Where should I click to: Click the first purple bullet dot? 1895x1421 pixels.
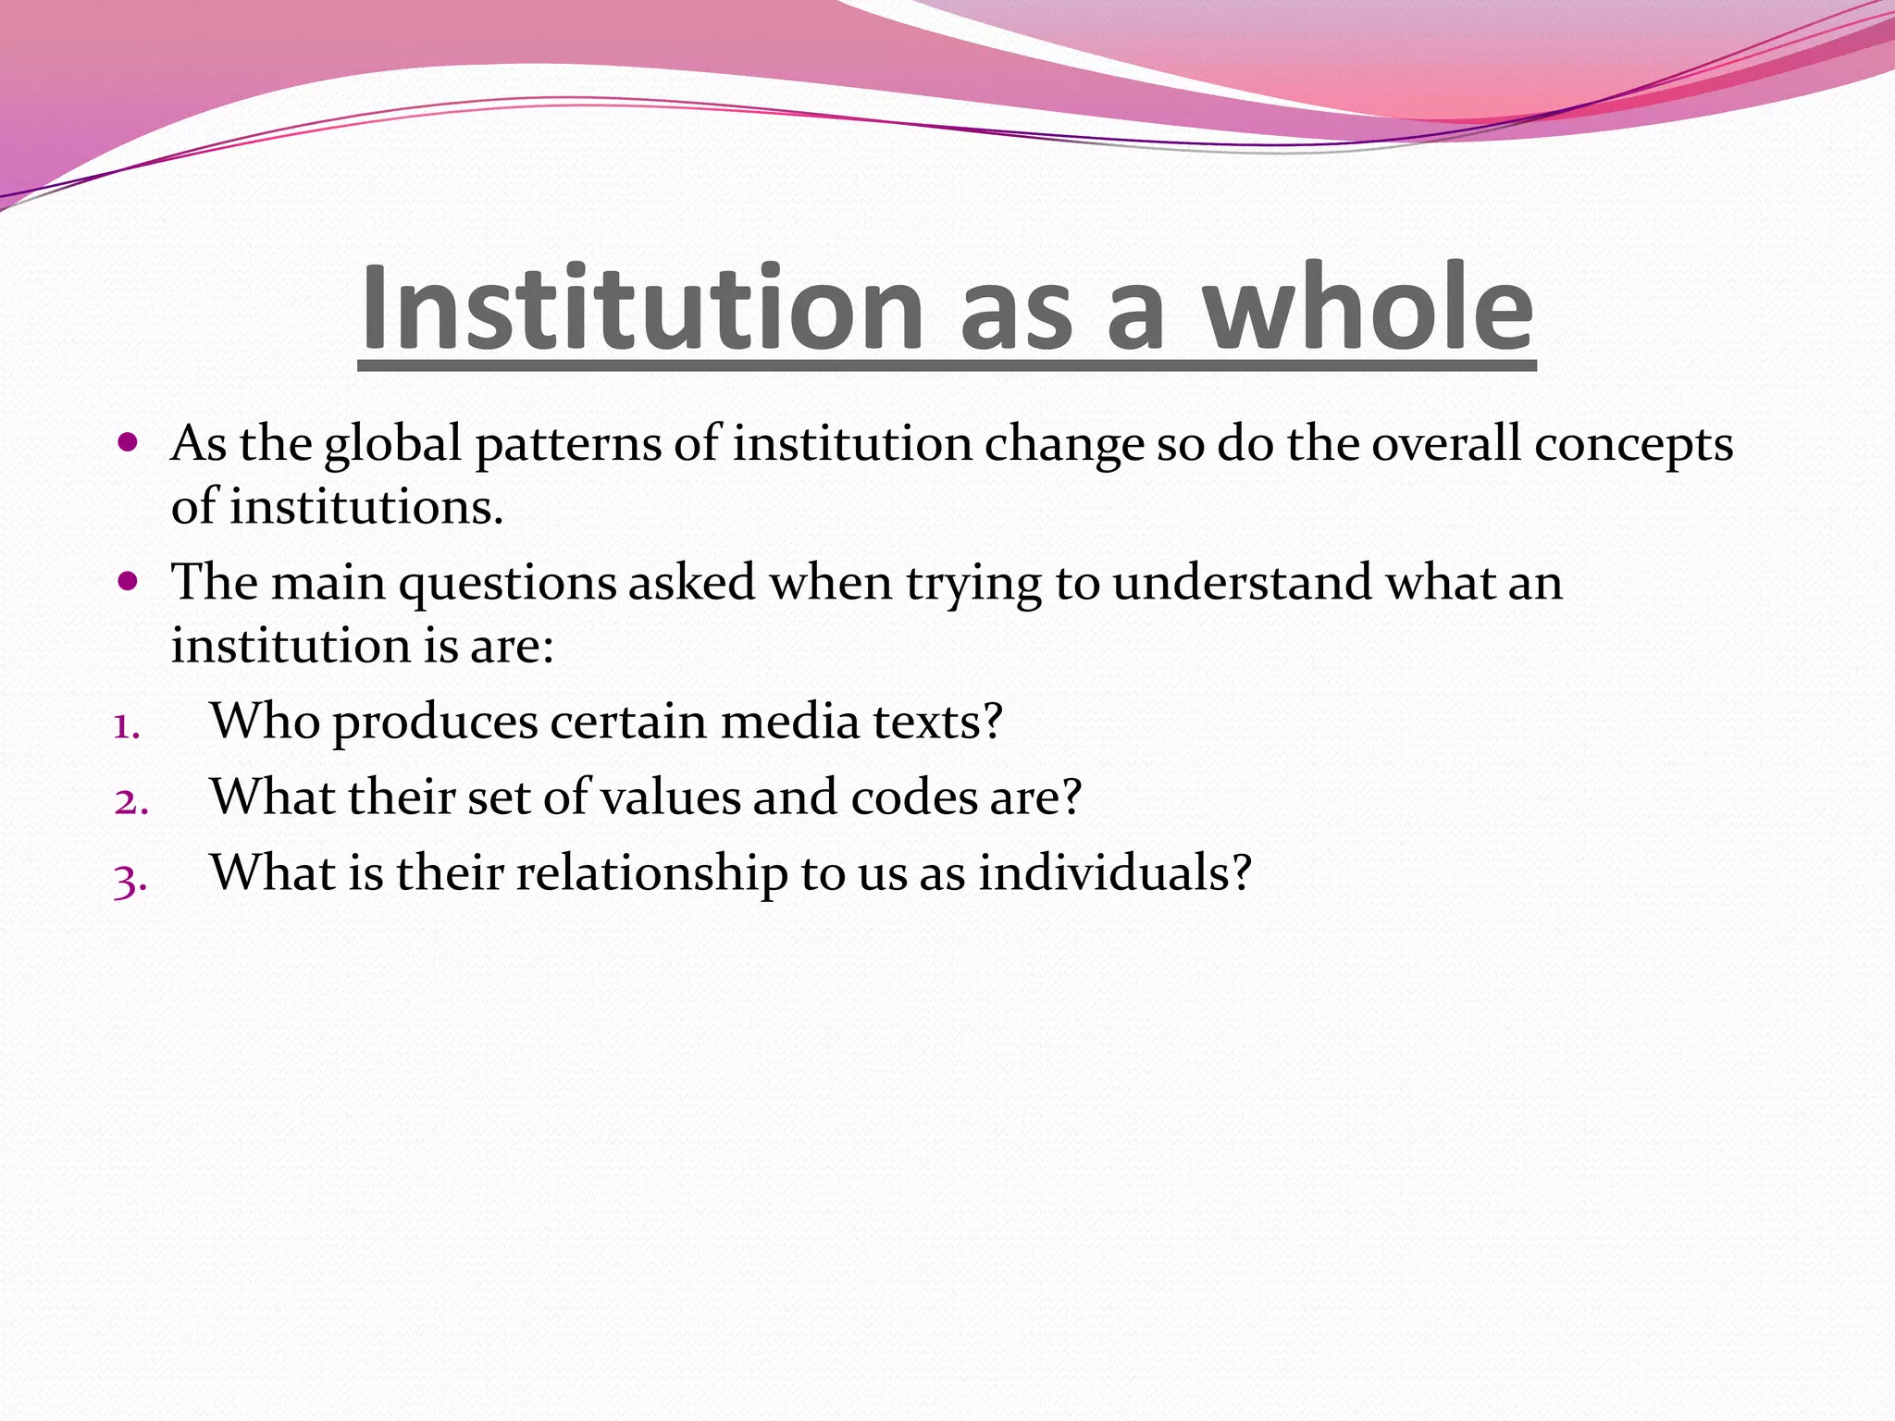pos(129,442)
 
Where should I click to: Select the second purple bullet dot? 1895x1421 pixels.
pos(129,582)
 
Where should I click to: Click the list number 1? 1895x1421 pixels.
pos(127,726)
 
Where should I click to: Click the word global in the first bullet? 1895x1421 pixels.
pos(392,444)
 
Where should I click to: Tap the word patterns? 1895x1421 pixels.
pos(568,444)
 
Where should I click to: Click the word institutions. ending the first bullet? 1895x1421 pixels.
pos(366,507)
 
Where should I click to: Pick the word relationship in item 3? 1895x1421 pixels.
pos(651,873)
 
